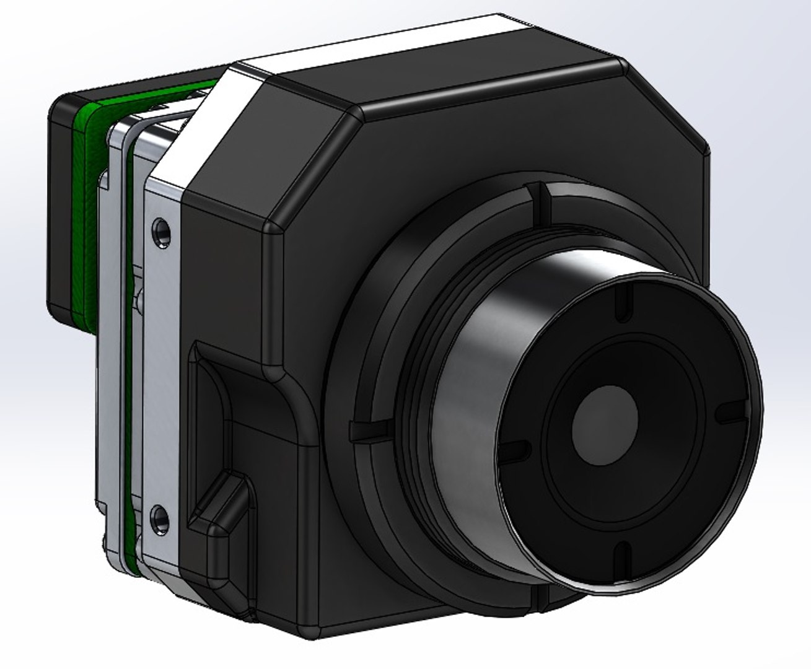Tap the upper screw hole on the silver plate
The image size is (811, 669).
click(x=162, y=230)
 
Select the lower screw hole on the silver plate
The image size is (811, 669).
click(x=160, y=518)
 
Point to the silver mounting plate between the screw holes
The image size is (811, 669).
click(x=162, y=372)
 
